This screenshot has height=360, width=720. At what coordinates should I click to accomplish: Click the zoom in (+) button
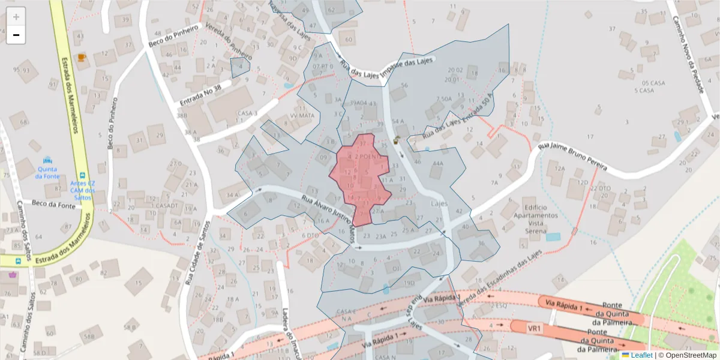16,16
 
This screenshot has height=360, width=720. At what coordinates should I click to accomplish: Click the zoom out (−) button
16,35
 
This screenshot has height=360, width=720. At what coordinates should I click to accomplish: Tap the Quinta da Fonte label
47,172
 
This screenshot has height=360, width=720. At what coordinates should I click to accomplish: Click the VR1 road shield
535,329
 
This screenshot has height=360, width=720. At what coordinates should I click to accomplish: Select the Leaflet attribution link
641,355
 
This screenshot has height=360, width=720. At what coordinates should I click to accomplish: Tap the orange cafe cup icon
82,58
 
